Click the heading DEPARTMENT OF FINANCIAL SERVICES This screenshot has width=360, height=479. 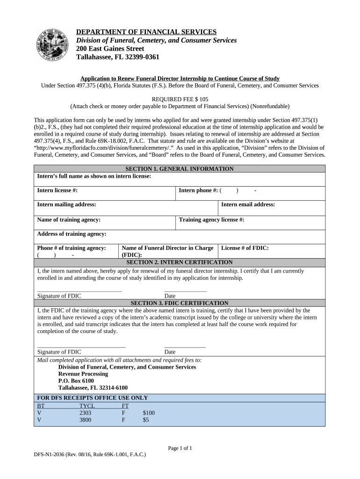(x=146, y=32)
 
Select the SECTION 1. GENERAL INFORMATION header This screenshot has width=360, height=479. (x=180, y=169)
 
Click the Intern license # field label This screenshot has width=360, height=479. (x=57, y=190)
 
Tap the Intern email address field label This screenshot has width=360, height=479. (x=248, y=204)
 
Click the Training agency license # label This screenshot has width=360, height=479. (x=211, y=219)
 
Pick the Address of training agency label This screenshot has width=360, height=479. (x=72, y=233)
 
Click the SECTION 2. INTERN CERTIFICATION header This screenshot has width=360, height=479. (x=180, y=262)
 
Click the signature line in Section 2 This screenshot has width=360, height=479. (x=79, y=291)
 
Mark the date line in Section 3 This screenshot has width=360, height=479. (x=185, y=347)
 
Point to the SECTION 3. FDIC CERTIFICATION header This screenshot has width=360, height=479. (x=180, y=303)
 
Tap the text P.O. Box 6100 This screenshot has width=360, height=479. (x=76, y=381)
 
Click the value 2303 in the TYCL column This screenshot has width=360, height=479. (x=85, y=413)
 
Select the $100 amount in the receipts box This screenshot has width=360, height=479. (x=149, y=413)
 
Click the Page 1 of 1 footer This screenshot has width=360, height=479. (x=180, y=448)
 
